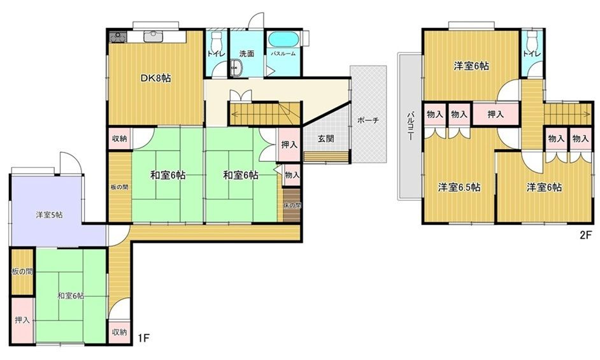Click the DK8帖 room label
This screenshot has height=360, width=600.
point(156,78)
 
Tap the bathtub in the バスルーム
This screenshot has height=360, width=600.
point(283,40)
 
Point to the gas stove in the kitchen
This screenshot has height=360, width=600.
point(118,37)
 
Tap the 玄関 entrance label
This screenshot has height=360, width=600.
point(325,138)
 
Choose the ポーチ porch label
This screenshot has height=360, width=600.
point(368,120)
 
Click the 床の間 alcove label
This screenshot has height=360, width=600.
point(292,205)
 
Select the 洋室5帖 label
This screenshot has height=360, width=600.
point(49,215)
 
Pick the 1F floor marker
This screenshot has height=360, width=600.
point(143,338)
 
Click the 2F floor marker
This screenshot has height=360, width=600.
point(586,234)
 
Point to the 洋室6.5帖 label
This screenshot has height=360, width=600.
point(459,188)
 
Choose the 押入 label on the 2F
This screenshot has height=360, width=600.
point(496,114)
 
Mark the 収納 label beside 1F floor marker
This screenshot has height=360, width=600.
point(119,332)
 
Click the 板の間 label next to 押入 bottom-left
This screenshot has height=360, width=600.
point(22,272)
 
